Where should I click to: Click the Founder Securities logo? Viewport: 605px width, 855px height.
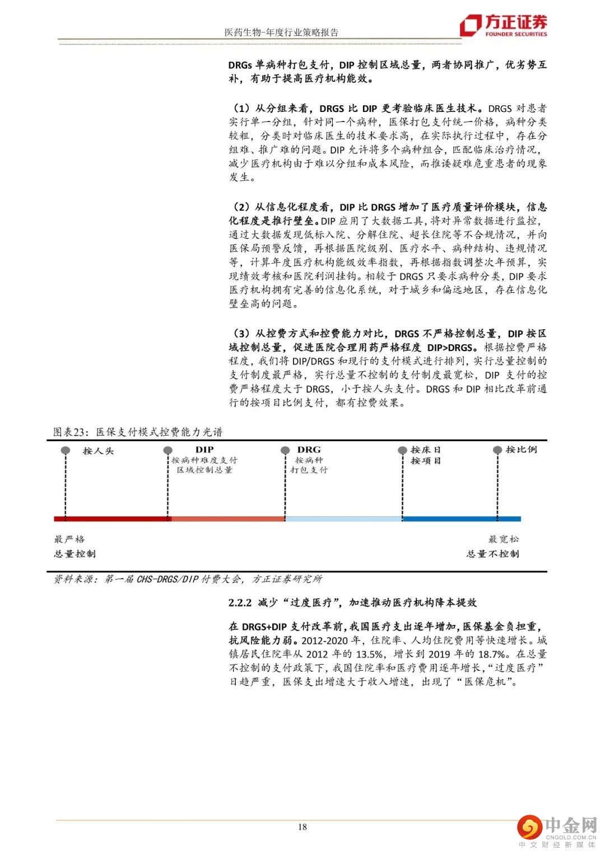[x=502, y=25]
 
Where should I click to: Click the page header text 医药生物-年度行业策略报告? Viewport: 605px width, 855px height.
[x=281, y=32]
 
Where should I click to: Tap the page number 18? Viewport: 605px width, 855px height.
[x=302, y=827]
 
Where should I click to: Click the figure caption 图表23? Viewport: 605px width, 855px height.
[x=71, y=432]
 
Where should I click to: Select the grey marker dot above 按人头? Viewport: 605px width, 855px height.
[x=66, y=450]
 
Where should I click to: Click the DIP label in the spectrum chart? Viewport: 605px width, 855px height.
[x=204, y=449]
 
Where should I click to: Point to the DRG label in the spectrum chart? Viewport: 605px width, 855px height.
[x=309, y=449]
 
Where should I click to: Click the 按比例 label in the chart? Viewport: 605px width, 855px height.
[x=521, y=449]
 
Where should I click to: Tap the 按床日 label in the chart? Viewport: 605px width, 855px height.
[x=426, y=449]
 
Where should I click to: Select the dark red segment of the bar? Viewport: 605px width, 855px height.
[x=112, y=518]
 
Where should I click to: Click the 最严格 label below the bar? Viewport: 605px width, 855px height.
[x=69, y=539]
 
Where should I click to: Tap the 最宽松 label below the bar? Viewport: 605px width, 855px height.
[x=503, y=539]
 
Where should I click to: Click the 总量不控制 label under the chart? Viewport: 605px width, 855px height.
[x=492, y=554]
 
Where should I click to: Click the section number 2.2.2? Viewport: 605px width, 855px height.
[x=240, y=602]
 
